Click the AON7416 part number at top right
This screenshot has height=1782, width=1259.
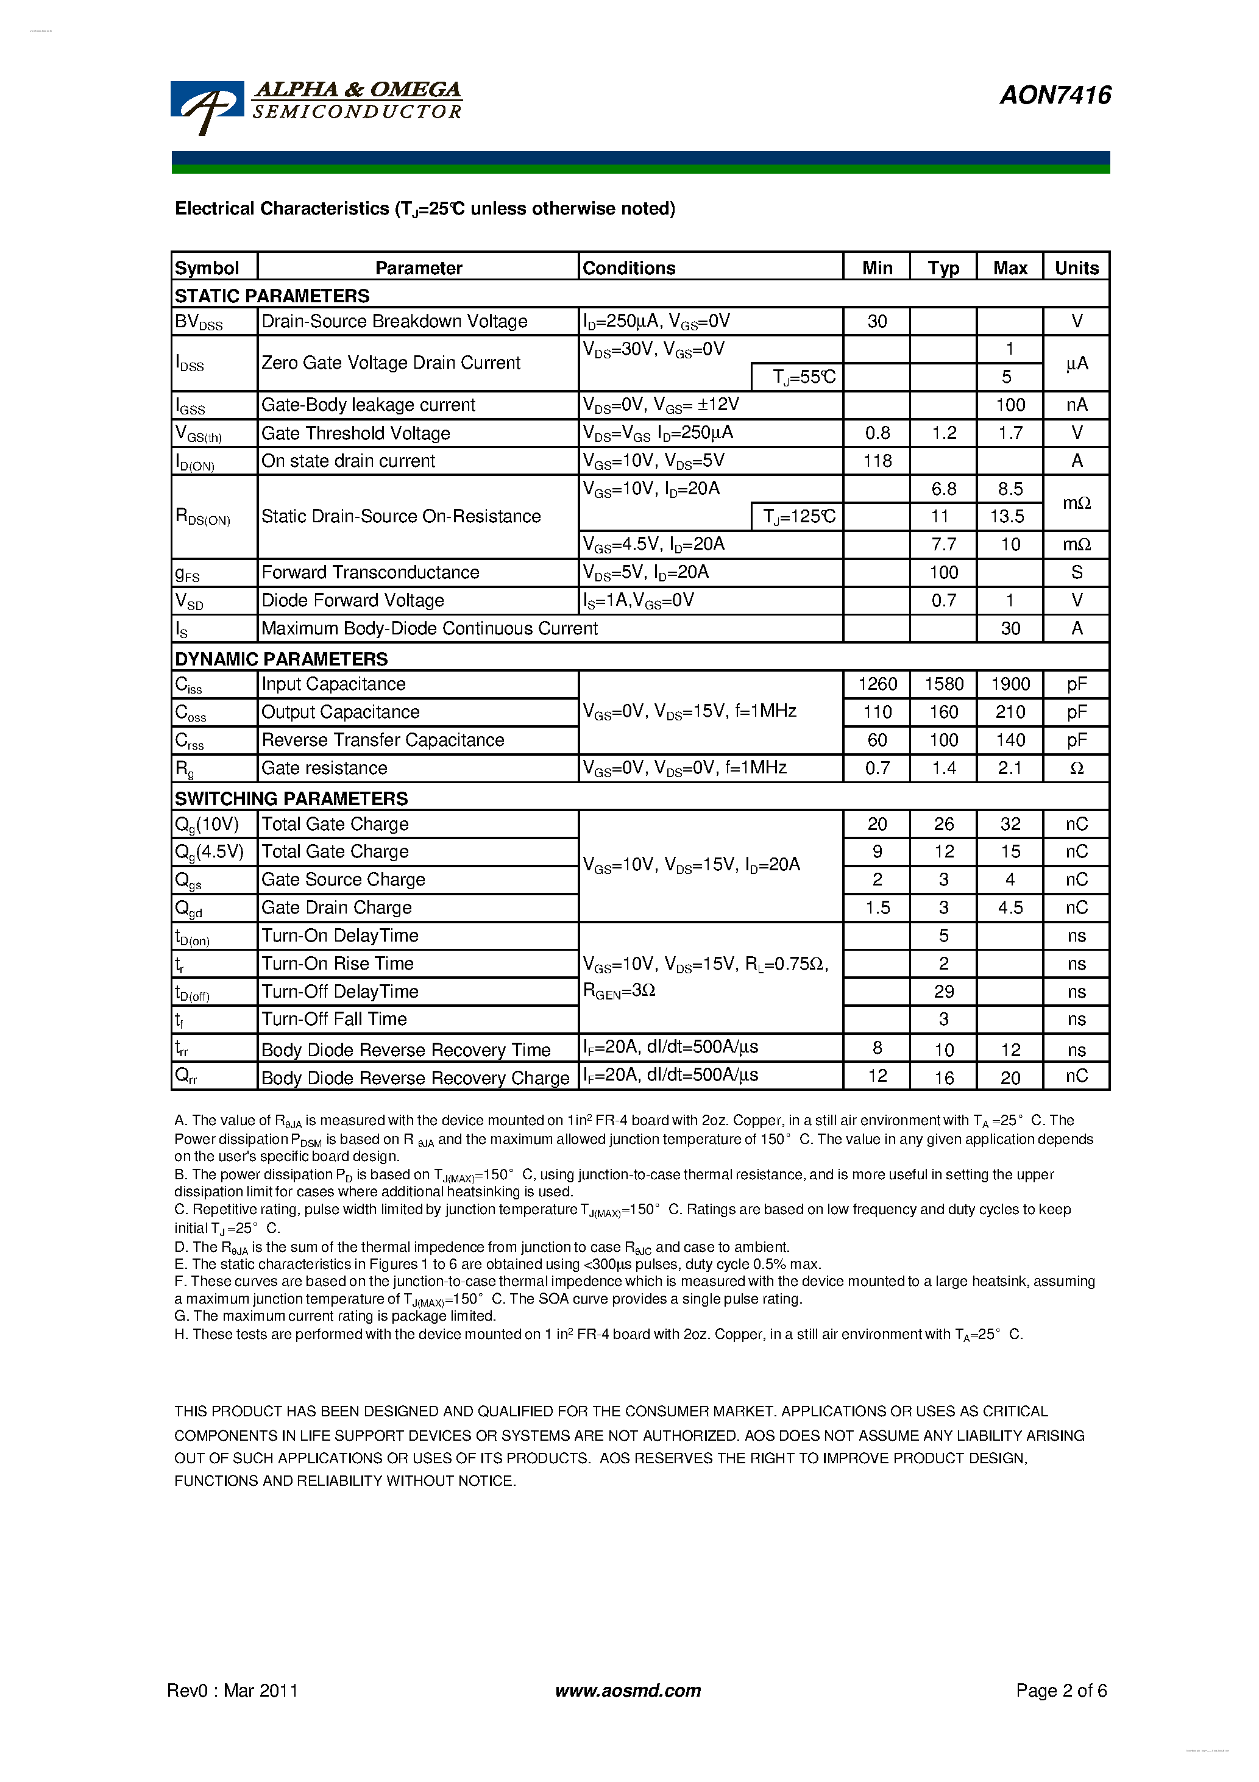pos(1055,96)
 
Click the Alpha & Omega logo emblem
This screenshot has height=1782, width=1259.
pos(207,107)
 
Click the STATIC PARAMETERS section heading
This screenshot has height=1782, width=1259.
pos(272,296)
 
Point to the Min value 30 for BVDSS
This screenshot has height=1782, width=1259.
pos(877,321)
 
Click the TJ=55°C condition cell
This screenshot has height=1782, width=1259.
pos(803,377)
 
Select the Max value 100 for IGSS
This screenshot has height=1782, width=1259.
pos(1010,405)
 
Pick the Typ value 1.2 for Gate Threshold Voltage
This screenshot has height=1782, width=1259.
pos(944,433)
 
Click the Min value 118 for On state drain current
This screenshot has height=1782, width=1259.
pos(877,461)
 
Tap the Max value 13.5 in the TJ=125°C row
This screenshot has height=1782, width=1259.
pos(1007,517)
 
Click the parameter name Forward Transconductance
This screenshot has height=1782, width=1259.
pos(371,573)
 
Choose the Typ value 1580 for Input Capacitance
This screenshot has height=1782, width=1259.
pos(944,684)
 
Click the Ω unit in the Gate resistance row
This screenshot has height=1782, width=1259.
pos(1077,769)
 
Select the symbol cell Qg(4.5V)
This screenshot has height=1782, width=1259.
pos(210,852)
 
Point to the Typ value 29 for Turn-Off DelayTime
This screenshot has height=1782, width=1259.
pos(944,992)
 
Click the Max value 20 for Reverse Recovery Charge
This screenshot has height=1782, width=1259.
pos(1010,1077)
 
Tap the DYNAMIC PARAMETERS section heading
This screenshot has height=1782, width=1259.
pos(281,659)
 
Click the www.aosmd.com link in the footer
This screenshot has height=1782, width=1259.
pos(628,1691)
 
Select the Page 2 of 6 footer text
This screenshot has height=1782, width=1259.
pos(1061,1691)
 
